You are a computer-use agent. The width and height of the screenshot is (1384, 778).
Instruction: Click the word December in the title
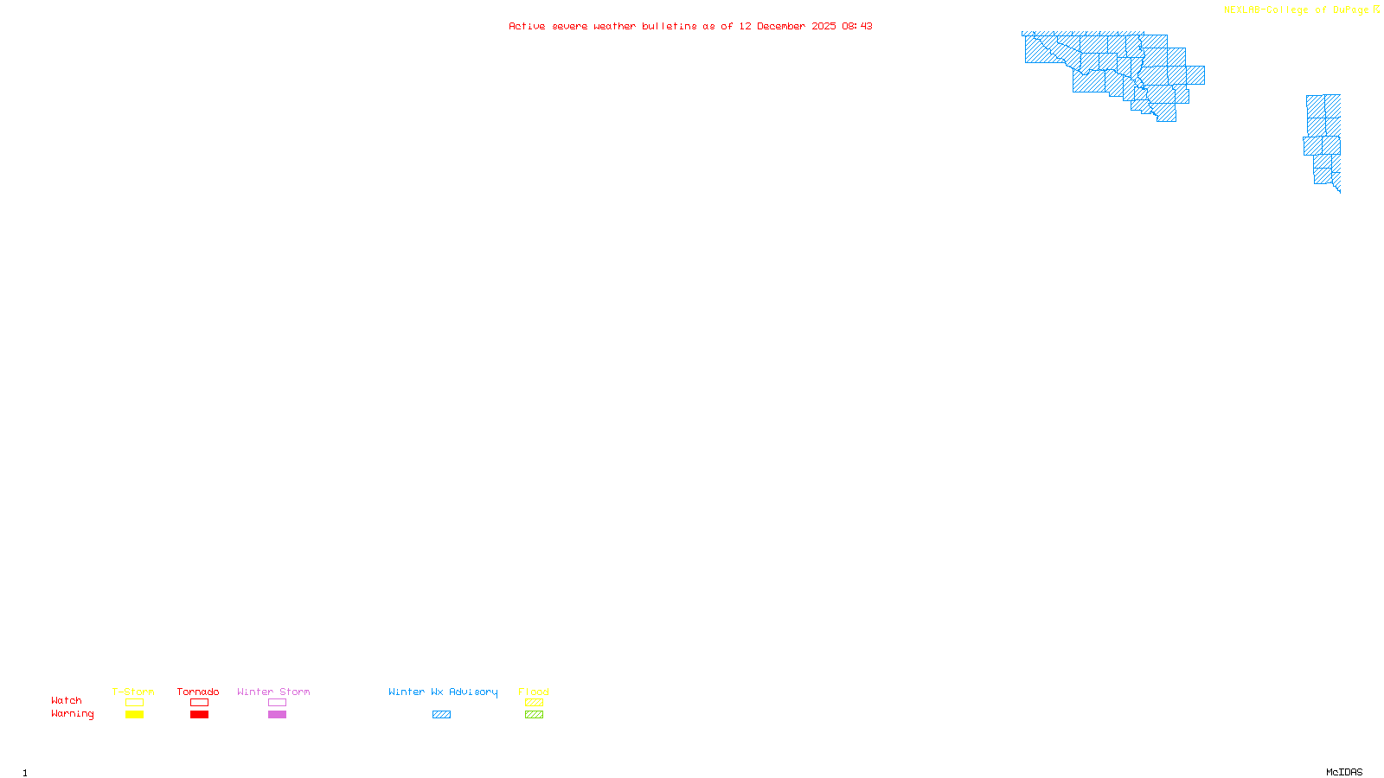pos(781,26)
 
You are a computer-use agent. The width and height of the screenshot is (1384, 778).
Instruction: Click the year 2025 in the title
pos(823,26)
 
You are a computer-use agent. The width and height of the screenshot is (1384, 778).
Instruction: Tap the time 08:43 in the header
pos(857,26)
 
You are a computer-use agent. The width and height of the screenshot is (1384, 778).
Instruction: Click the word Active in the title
pos(527,26)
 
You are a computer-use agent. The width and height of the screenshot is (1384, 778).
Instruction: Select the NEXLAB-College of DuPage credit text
pos(1296,10)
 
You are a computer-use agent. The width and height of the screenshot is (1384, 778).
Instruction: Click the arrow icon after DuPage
pos(1376,10)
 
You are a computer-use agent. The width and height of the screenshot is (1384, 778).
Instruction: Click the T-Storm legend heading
pos(133,692)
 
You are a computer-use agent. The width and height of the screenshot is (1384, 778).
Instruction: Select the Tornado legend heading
pos(198,692)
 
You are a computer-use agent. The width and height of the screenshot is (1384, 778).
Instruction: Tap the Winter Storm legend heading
pos(273,692)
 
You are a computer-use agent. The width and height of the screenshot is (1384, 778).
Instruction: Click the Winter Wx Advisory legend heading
pos(443,692)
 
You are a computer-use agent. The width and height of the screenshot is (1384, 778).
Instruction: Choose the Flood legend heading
pos(534,692)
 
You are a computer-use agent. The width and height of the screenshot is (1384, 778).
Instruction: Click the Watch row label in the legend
pos(67,700)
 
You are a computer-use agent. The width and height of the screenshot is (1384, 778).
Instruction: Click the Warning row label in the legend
pos(73,714)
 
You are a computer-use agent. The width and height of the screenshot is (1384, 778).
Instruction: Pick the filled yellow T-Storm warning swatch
pos(134,715)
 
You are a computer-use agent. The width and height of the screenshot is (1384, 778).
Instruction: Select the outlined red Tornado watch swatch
pos(200,703)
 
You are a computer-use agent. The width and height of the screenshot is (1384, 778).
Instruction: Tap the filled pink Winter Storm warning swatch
pos(277,715)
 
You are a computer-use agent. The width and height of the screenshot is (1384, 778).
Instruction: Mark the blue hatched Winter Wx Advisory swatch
pos(441,715)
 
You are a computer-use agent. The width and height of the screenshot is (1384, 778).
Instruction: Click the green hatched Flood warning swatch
pos(534,715)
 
